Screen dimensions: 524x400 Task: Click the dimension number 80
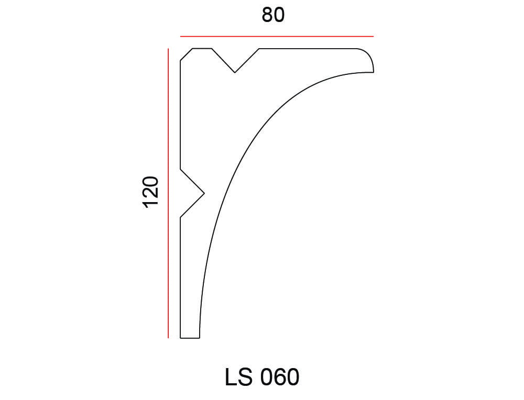(x=273, y=15)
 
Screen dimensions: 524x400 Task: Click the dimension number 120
(x=151, y=192)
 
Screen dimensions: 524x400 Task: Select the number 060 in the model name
(x=280, y=377)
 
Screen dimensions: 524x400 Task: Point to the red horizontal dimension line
(x=277, y=37)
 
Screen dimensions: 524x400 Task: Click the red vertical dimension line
(x=168, y=193)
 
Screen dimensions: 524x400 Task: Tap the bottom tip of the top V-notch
(x=235, y=72)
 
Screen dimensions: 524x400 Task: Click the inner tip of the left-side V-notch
(x=204, y=193)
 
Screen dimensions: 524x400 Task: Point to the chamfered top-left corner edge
(x=187, y=54)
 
